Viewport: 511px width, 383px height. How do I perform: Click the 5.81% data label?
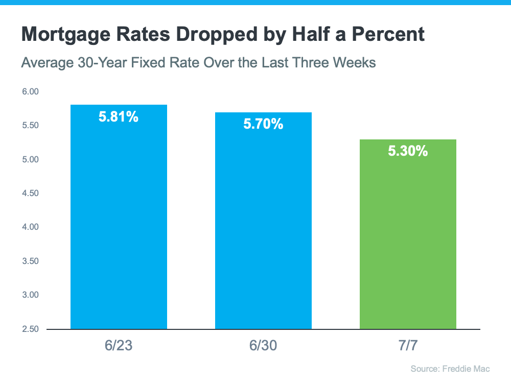119,117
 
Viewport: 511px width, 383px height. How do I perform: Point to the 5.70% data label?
263,124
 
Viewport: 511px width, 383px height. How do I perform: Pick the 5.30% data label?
408,151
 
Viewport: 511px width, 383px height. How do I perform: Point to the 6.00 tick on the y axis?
31,92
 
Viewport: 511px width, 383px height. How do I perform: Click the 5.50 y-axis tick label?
31,126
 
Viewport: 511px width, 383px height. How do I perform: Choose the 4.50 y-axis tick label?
31,194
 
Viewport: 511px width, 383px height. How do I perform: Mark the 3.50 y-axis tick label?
31,261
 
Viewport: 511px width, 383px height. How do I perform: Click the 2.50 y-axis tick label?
31,329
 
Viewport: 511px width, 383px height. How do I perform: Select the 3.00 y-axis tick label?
31,295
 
